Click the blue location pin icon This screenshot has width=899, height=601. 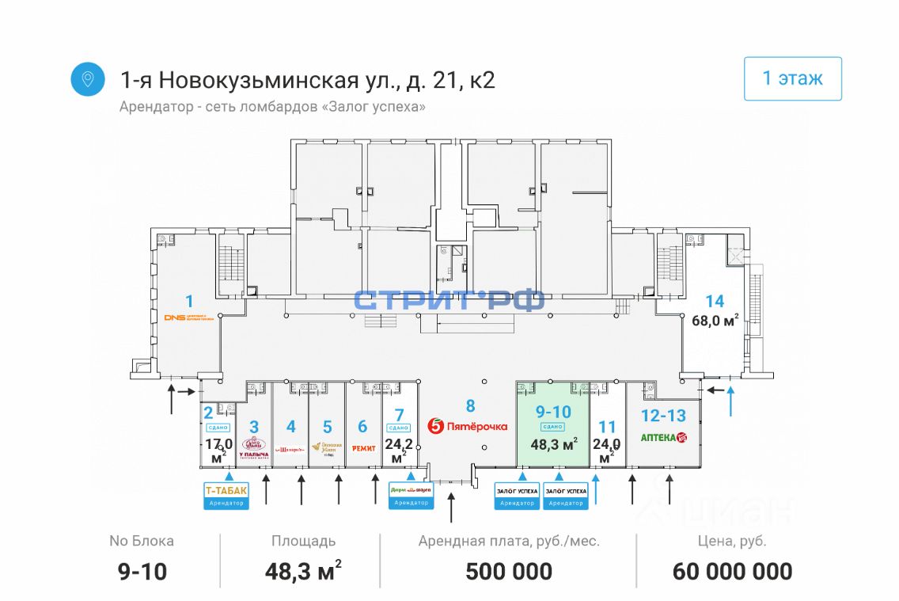point(88,79)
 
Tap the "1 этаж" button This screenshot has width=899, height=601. point(792,78)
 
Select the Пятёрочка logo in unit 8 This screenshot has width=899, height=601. point(468,426)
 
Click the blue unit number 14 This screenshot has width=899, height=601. point(715,301)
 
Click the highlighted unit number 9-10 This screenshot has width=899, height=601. point(552,411)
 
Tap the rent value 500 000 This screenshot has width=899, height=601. point(509,571)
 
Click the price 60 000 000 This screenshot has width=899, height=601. point(732,571)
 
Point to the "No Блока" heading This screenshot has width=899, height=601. point(142,542)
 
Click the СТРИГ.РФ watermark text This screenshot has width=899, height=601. point(449,301)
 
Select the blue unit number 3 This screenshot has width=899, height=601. point(254,427)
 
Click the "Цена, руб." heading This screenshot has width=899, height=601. point(732,542)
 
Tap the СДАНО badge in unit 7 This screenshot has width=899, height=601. point(399,428)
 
